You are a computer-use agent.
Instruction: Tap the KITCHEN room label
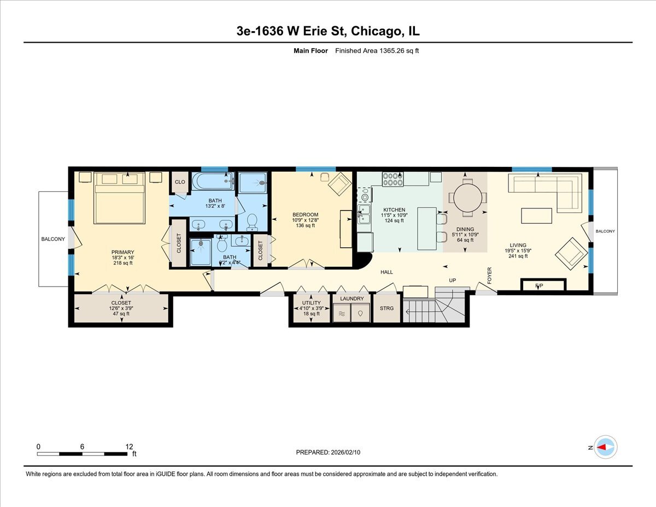[394, 210]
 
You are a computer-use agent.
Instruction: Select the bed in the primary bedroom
[120, 198]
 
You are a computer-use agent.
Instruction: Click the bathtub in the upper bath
[213, 182]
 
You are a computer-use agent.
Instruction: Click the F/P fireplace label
[539, 285]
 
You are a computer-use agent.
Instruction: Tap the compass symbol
[605, 447]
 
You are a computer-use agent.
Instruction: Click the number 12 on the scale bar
[129, 446]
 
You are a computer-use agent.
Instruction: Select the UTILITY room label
[311, 302]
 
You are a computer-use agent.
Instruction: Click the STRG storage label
[386, 308]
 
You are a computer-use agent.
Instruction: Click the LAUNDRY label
[352, 299]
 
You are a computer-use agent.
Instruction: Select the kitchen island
[427, 228]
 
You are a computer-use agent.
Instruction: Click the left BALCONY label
[53, 239]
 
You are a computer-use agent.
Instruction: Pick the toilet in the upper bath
[253, 221]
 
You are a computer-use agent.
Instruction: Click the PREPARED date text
[329, 452]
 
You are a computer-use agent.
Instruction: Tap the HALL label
[386, 272]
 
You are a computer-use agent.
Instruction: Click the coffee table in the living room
[536, 215]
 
